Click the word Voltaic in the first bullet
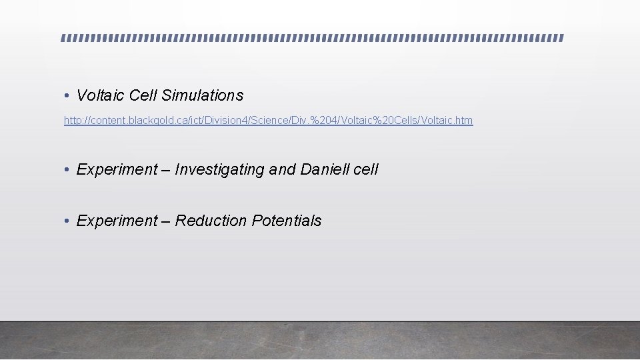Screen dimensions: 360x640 pos(101,95)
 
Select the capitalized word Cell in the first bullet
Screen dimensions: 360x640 pos(143,95)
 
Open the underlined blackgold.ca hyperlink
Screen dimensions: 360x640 pos(268,121)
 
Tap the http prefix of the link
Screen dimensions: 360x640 pos(72,121)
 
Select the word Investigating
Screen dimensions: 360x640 pos(219,170)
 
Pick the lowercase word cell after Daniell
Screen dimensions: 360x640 pos(366,169)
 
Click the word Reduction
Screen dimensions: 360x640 pos(211,221)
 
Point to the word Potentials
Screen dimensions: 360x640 pos(287,221)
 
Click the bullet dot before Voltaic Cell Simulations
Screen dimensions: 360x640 pos(67,97)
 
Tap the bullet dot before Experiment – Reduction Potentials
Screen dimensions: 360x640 pos(67,221)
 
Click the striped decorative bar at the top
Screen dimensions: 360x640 pos(312,38)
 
